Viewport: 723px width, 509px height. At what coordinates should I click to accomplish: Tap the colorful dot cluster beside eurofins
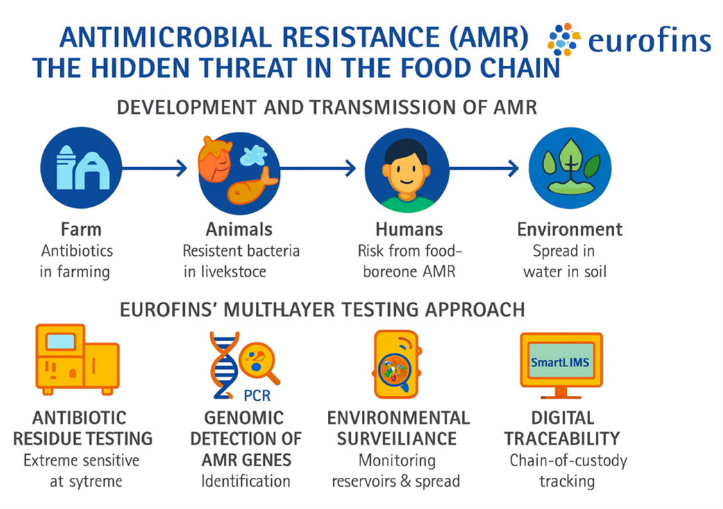(563, 40)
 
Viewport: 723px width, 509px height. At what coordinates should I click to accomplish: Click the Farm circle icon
(82, 169)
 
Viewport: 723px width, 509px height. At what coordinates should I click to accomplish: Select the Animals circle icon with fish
(239, 169)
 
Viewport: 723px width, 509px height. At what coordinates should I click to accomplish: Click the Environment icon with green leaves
(570, 169)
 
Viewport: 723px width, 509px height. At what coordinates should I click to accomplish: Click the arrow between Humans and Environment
(482, 168)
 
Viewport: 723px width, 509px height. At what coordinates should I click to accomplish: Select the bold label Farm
(80, 230)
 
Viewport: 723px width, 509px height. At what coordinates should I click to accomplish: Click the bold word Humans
(409, 230)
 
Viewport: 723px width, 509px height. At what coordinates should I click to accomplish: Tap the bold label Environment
(570, 230)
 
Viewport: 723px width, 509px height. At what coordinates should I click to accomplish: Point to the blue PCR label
(257, 397)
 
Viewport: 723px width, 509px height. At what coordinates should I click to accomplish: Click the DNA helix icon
(224, 368)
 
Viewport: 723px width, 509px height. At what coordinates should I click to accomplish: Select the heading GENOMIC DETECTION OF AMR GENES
(245, 438)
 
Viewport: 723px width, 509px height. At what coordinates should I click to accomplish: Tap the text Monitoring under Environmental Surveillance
(397, 460)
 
